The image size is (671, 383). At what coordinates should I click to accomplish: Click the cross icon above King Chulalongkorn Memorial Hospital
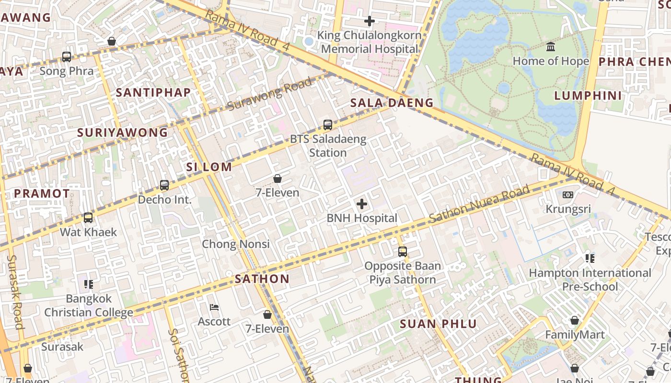(x=369, y=21)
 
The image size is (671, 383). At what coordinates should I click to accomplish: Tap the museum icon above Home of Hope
(x=551, y=47)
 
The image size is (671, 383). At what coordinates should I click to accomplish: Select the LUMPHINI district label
(x=588, y=95)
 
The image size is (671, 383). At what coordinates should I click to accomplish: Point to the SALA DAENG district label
(x=392, y=102)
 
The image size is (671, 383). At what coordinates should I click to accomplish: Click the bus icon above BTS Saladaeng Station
(x=328, y=125)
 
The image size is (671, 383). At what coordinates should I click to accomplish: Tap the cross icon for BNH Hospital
(x=362, y=204)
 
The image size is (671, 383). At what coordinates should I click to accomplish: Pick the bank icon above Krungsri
(x=568, y=195)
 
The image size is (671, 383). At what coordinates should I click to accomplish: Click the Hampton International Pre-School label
(x=590, y=280)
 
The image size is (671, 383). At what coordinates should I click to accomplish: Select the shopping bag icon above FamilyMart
(x=575, y=320)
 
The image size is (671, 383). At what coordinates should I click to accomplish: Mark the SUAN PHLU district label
(x=439, y=324)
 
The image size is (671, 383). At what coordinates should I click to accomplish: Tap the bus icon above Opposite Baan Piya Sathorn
(x=403, y=251)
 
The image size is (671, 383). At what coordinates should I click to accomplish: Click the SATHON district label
(x=262, y=279)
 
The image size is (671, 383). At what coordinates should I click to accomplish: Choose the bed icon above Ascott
(x=214, y=307)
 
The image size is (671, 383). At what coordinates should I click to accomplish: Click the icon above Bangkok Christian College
(x=89, y=284)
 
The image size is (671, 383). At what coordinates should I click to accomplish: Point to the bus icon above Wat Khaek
(x=88, y=218)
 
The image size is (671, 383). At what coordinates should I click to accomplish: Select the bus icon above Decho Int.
(x=164, y=185)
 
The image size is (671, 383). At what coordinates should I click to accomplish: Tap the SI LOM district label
(x=209, y=167)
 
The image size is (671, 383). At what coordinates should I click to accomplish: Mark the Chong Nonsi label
(x=235, y=244)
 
